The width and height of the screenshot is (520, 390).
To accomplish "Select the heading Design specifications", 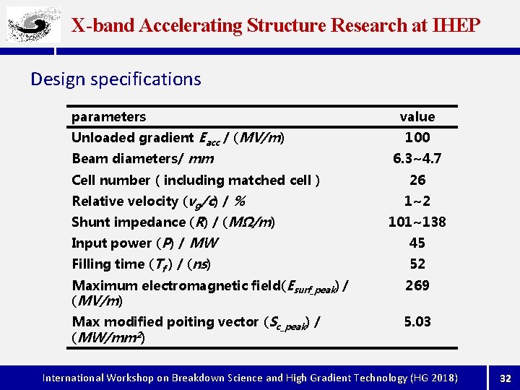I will tap(116, 79).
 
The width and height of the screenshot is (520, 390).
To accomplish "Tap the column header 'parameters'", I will tap(108, 117).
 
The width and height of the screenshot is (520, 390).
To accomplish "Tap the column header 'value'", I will tap(417, 117).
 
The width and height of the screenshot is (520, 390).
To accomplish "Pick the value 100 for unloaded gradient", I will tap(417, 137).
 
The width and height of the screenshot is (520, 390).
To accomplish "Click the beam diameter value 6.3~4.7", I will tap(417, 158).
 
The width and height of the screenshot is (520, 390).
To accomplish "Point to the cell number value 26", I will tap(417, 180).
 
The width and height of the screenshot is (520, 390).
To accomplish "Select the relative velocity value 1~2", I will tap(417, 201).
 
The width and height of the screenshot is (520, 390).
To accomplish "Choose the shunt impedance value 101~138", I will tap(417, 222).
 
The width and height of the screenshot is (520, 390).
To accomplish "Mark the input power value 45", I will tap(417, 243).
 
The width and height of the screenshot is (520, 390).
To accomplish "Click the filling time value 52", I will tap(417, 264).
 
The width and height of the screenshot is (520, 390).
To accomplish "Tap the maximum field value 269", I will tap(417, 285).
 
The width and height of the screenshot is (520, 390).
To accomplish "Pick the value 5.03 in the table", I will tap(417, 321).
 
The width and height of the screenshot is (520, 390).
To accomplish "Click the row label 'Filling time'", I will tap(108, 264).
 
